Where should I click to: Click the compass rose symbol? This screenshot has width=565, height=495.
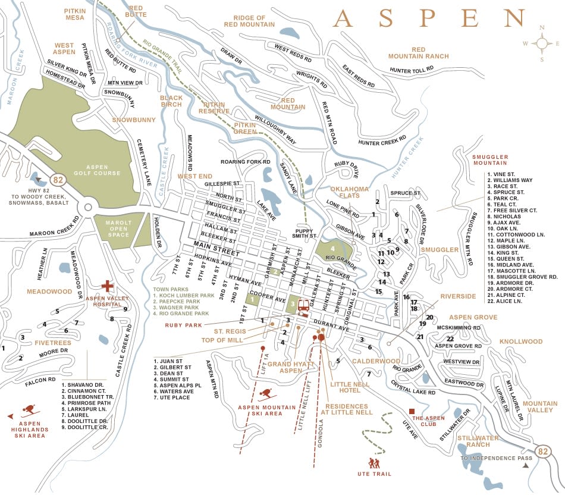[x=542, y=43]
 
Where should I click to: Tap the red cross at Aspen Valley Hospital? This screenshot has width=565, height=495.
[x=108, y=286]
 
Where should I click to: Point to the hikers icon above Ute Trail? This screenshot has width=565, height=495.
[x=374, y=463]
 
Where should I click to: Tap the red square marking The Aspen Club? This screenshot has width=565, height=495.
[x=412, y=411]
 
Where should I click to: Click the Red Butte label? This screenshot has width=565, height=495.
[x=136, y=11]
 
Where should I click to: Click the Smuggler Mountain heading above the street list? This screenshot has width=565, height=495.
[x=489, y=159]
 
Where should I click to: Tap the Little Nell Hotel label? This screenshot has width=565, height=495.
[x=354, y=388]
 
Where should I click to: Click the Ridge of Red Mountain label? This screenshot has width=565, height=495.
[x=249, y=21]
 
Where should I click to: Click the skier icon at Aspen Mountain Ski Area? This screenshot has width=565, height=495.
[x=268, y=394]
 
